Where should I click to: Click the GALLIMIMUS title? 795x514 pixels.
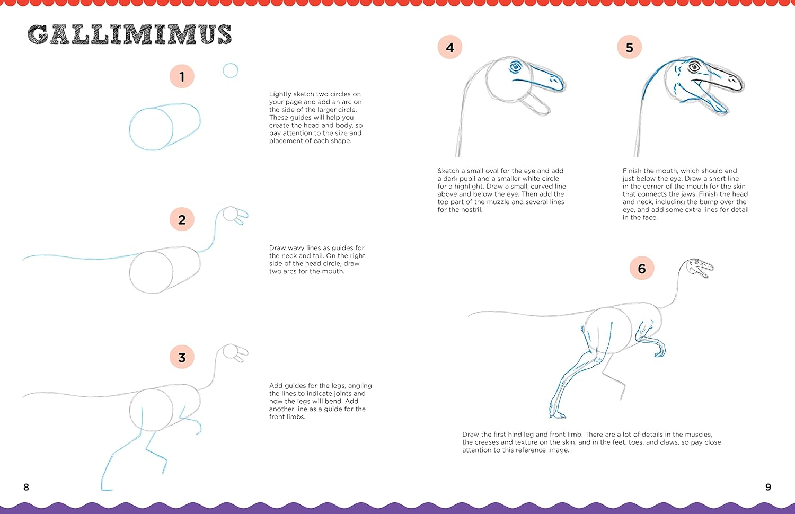pyautogui.click(x=129, y=34)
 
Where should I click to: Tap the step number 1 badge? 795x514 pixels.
pyautogui.click(x=182, y=76)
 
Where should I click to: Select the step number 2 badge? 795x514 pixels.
pyautogui.click(x=182, y=219)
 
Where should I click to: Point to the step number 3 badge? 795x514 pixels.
pyautogui.click(x=182, y=357)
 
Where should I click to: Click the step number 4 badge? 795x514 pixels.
pyautogui.click(x=449, y=47)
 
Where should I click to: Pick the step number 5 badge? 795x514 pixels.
pyautogui.click(x=629, y=47)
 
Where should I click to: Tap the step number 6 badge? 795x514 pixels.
pyautogui.click(x=642, y=268)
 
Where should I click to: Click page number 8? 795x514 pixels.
pyautogui.click(x=26, y=487)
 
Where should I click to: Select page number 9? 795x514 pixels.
pyautogui.click(x=768, y=487)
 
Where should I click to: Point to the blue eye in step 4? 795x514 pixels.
pyautogui.click(x=515, y=66)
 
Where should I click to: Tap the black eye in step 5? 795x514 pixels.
pyautogui.click(x=694, y=67)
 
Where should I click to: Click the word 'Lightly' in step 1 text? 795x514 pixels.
pyautogui.click(x=280, y=94)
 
